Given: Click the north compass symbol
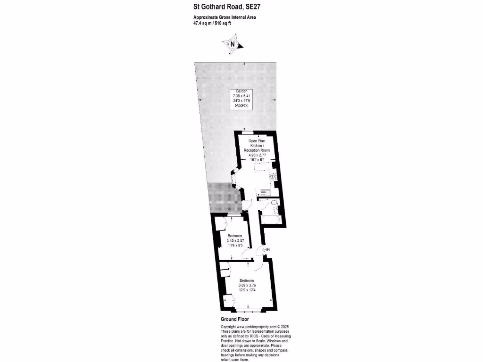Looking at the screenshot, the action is [x=232, y=45].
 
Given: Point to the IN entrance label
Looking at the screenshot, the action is [x=266, y=249].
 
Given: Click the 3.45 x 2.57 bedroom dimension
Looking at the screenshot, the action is [x=234, y=240].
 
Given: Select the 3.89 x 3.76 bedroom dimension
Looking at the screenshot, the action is [x=249, y=285].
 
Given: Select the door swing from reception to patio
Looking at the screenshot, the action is [x=246, y=205].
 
